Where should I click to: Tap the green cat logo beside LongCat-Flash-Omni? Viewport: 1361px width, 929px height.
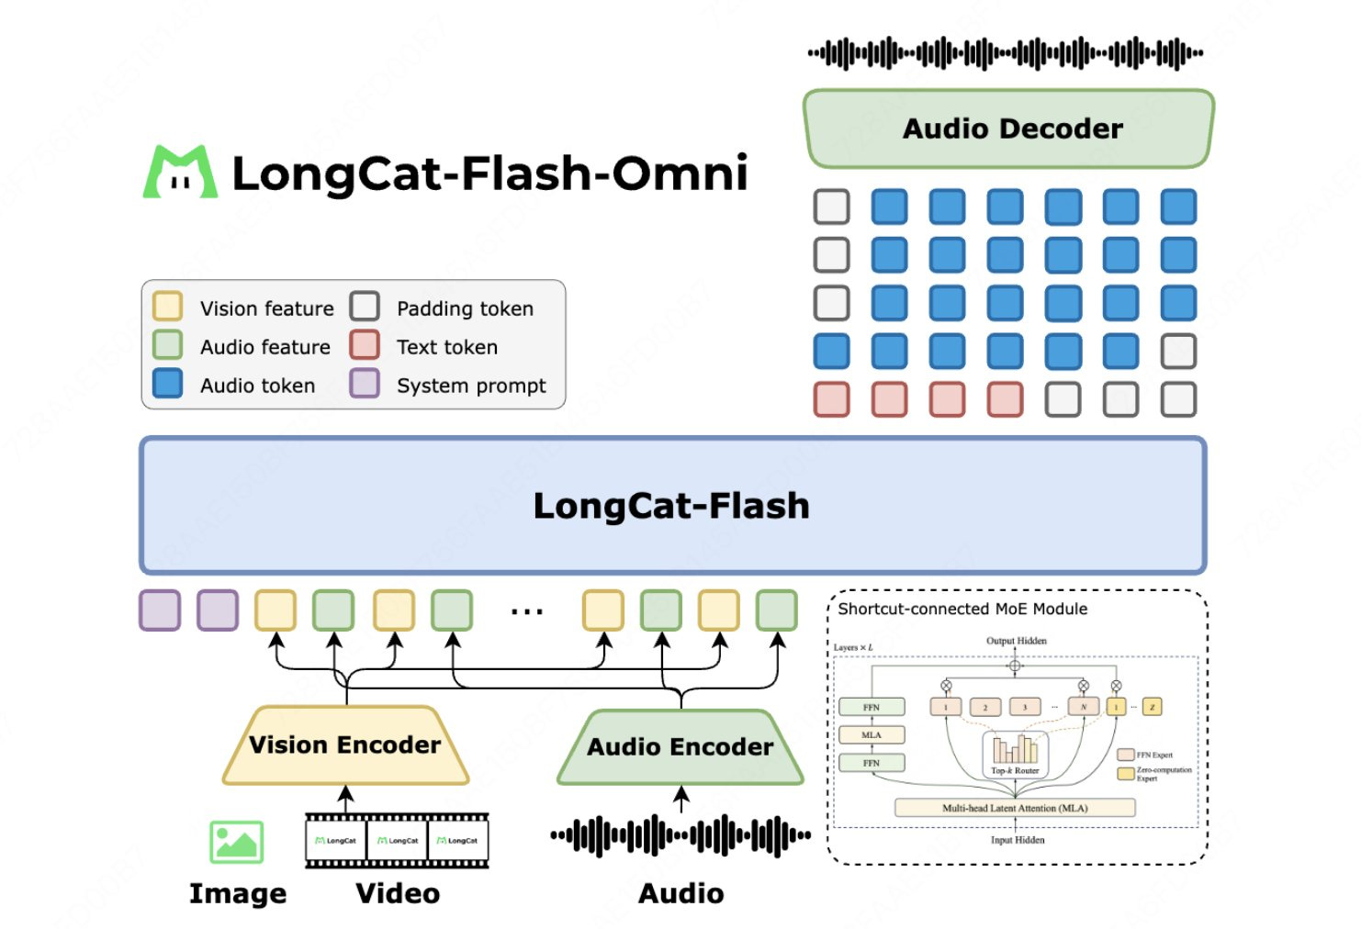click(180, 172)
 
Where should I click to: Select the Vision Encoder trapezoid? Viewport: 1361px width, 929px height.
click(345, 744)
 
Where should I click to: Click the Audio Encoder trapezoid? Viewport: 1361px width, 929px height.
click(680, 747)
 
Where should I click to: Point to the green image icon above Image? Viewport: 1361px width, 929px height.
click(237, 841)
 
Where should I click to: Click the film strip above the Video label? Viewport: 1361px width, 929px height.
click(397, 840)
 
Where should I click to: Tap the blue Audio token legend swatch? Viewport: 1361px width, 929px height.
click(167, 384)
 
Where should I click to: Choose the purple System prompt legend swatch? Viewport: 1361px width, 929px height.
click(365, 384)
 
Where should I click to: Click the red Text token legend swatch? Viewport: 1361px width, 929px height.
click(365, 345)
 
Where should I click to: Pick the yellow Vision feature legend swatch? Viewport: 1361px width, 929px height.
click(167, 307)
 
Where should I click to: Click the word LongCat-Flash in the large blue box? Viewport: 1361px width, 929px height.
click(671, 506)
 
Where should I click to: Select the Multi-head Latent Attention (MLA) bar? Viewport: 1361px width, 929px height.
click(1015, 808)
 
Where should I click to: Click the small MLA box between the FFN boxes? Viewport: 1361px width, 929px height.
click(872, 734)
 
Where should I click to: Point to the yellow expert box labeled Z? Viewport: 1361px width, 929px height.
click(1152, 707)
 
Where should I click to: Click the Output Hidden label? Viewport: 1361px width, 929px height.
click(1016, 641)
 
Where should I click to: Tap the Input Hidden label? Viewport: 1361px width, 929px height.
click(1017, 840)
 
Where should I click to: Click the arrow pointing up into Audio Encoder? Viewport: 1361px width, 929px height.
click(680, 799)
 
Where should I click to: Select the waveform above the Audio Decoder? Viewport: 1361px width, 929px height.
click(1006, 53)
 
